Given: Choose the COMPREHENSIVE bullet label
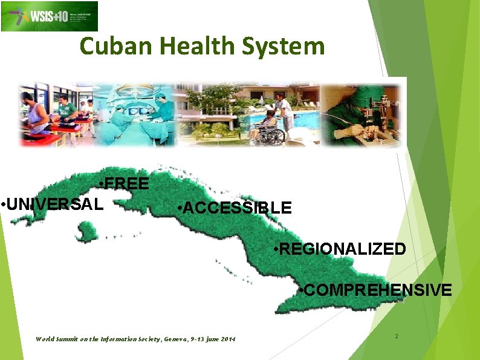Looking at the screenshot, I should tap(375, 290).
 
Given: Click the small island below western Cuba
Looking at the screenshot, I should tap(86, 231).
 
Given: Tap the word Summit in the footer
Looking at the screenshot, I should tap(66, 338).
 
